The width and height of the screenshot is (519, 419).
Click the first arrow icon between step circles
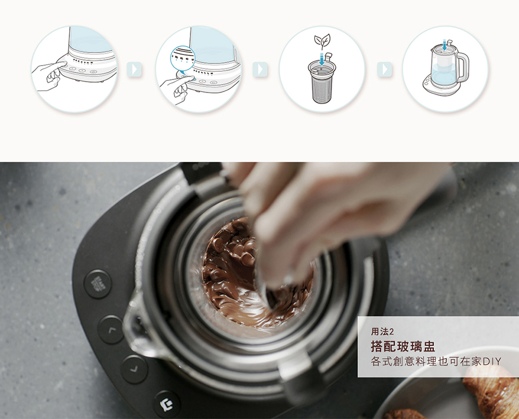pos(134,70)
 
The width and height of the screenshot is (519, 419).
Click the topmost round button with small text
pos(97,284)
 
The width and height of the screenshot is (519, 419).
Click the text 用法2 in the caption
pos(383,331)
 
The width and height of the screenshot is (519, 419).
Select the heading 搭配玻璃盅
pos(403,346)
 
